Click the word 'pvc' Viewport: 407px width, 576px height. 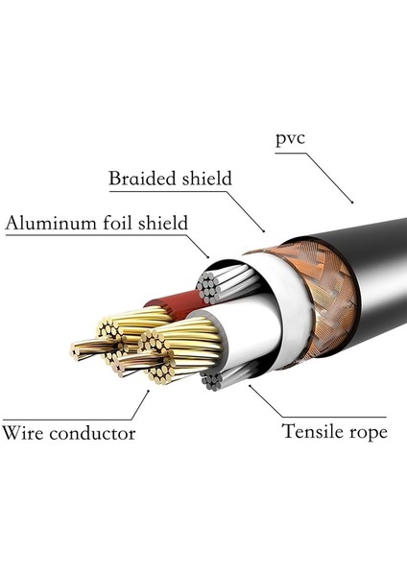[291, 139]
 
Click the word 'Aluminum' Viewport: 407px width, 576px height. [47, 224]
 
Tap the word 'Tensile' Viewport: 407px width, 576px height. [314, 431]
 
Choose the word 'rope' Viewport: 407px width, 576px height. [369, 433]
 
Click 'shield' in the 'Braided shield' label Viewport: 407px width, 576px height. [208, 179]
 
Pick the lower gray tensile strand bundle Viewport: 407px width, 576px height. [213, 379]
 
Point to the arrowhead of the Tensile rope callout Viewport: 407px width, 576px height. [251, 386]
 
